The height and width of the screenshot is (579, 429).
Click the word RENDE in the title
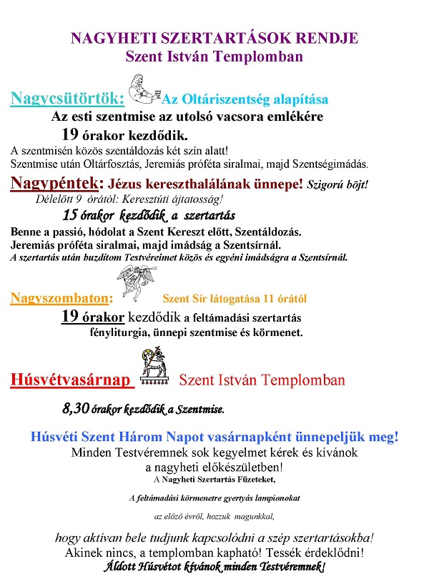[330, 39]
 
